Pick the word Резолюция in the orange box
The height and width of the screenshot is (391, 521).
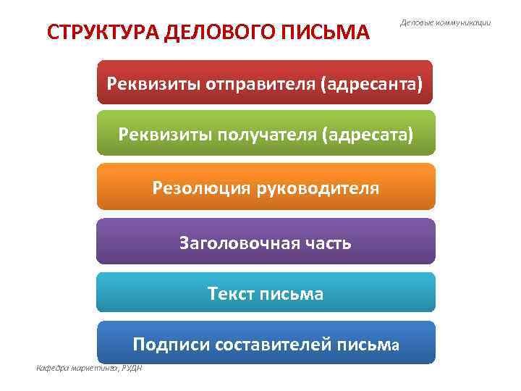(x=194, y=188)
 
